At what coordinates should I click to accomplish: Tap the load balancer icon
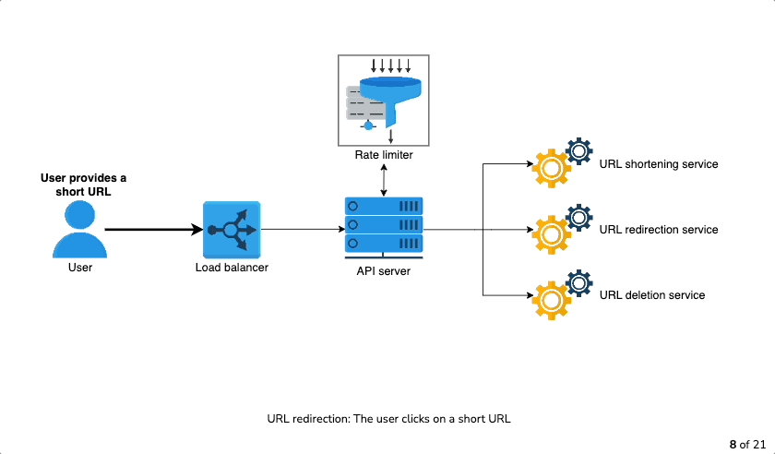click(232, 230)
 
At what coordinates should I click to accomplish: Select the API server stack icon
click(384, 228)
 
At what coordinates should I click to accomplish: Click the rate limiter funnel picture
click(384, 101)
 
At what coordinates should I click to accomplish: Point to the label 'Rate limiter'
click(384, 155)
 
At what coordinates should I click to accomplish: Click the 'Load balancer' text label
click(232, 268)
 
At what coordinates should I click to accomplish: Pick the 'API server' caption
click(384, 271)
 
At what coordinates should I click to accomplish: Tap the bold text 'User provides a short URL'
click(84, 185)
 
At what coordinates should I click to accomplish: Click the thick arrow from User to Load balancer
click(154, 230)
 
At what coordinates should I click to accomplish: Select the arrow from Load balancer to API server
click(303, 230)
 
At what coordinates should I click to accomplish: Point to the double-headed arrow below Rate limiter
click(384, 181)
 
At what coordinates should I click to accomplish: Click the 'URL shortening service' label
click(659, 164)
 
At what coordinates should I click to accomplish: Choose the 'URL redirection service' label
click(659, 230)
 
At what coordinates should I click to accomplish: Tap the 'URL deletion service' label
click(652, 295)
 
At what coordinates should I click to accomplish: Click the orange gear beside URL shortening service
click(551, 169)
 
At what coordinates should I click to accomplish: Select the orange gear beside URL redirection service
click(551, 234)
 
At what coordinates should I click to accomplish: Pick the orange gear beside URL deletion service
click(551, 300)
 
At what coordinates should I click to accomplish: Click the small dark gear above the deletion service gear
click(579, 283)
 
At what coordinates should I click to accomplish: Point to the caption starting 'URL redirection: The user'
click(389, 419)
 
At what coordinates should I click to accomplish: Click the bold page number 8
click(733, 445)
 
